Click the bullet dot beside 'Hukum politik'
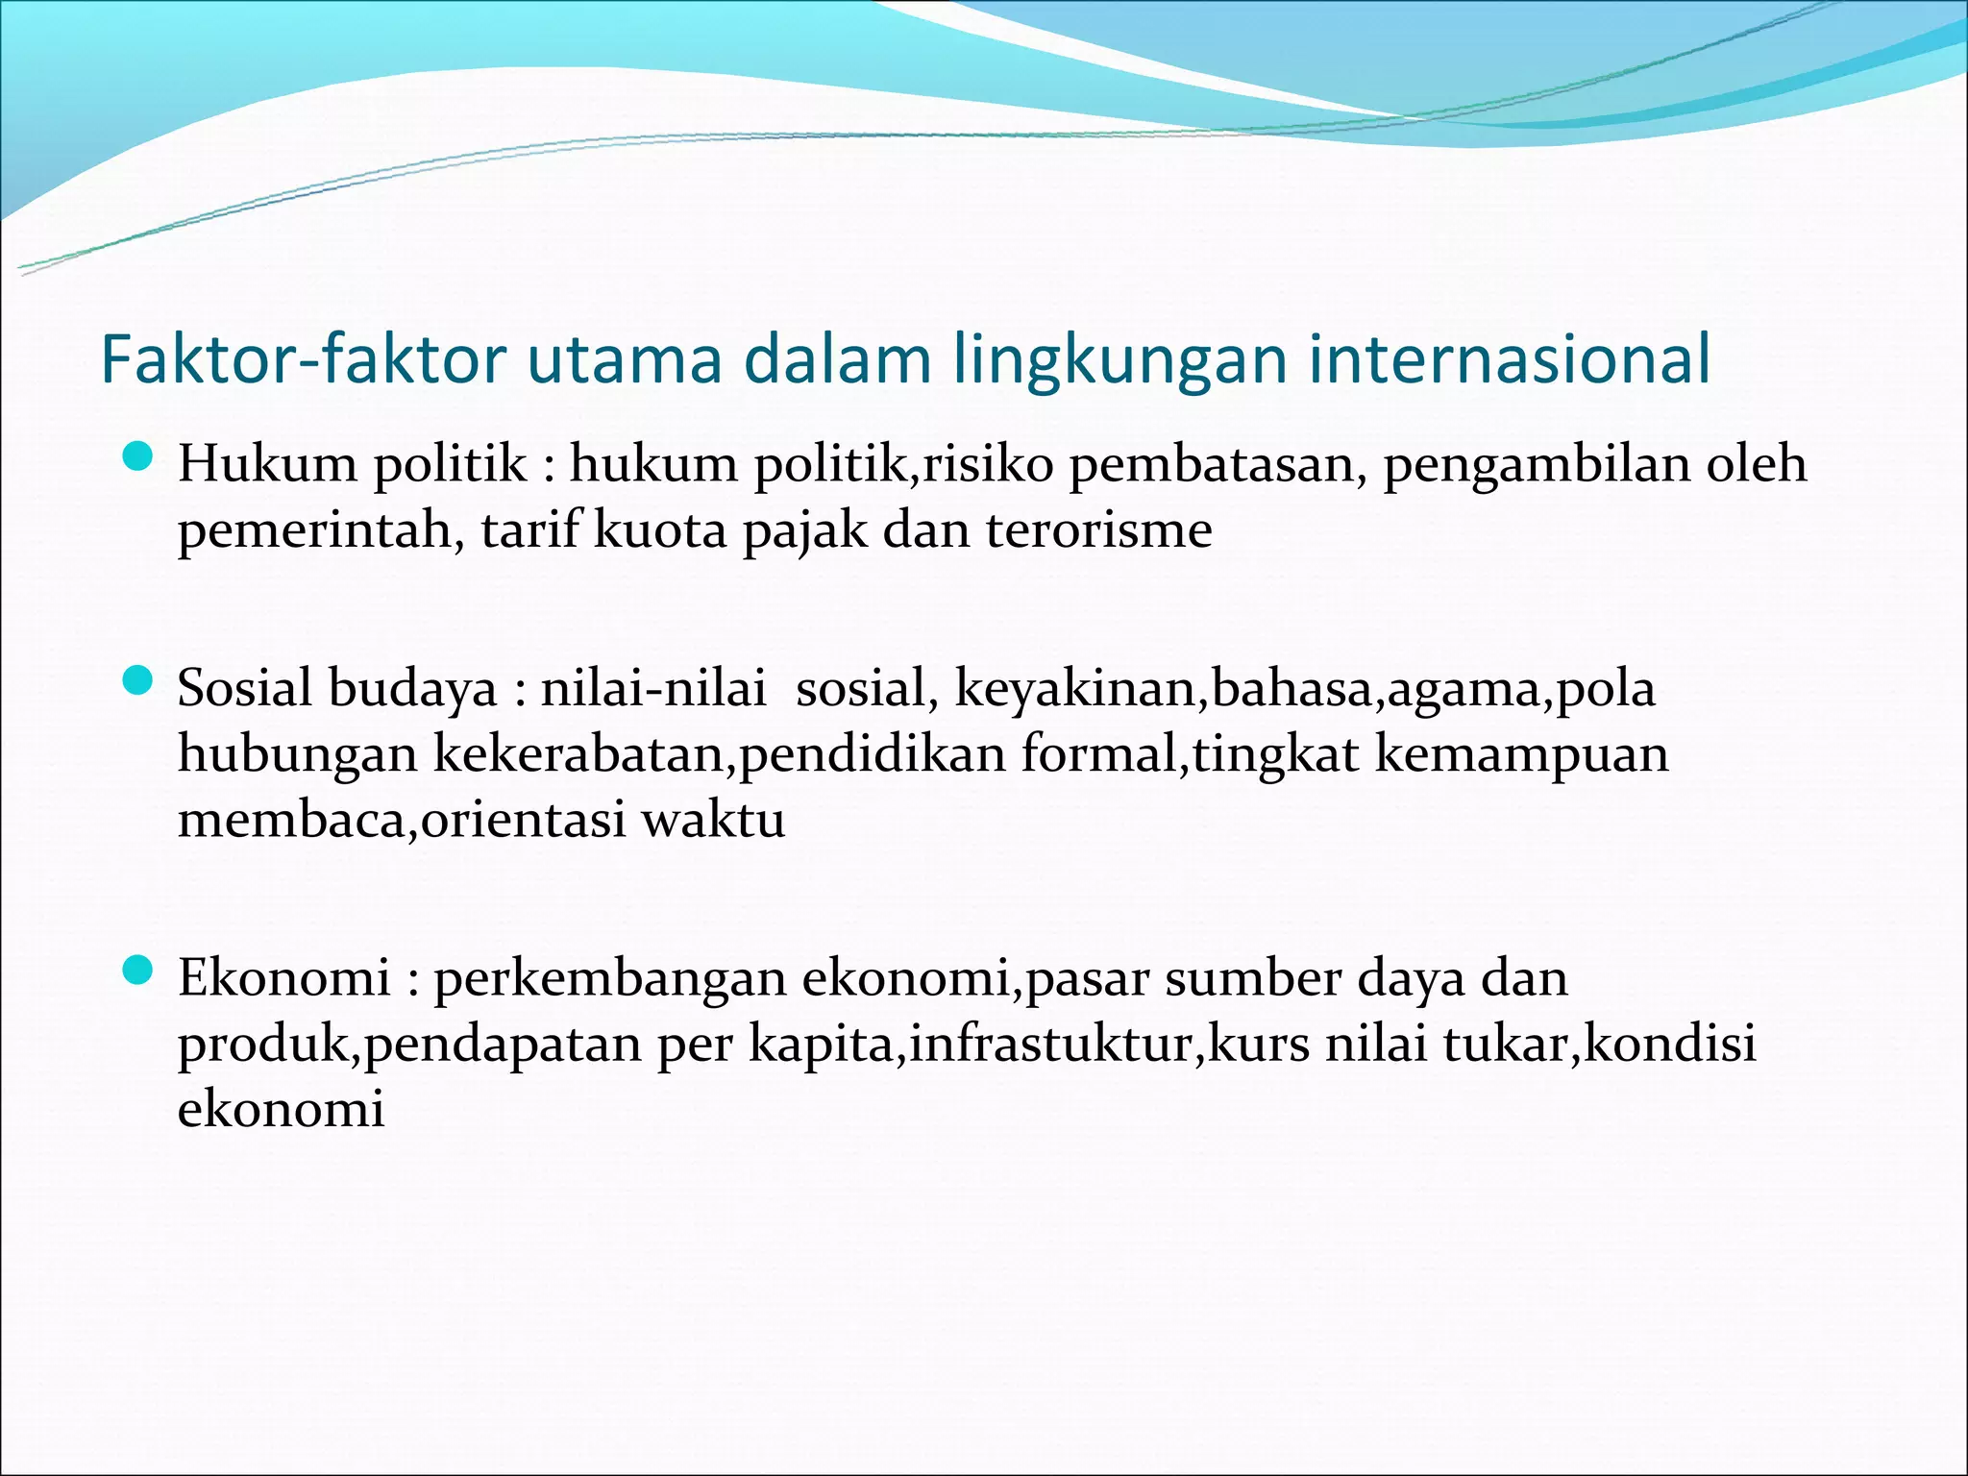[x=139, y=458]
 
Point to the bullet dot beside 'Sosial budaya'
[x=139, y=683]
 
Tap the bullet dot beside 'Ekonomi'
[x=139, y=972]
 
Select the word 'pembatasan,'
[x=1218, y=465]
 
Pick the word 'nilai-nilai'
[x=653, y=689]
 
